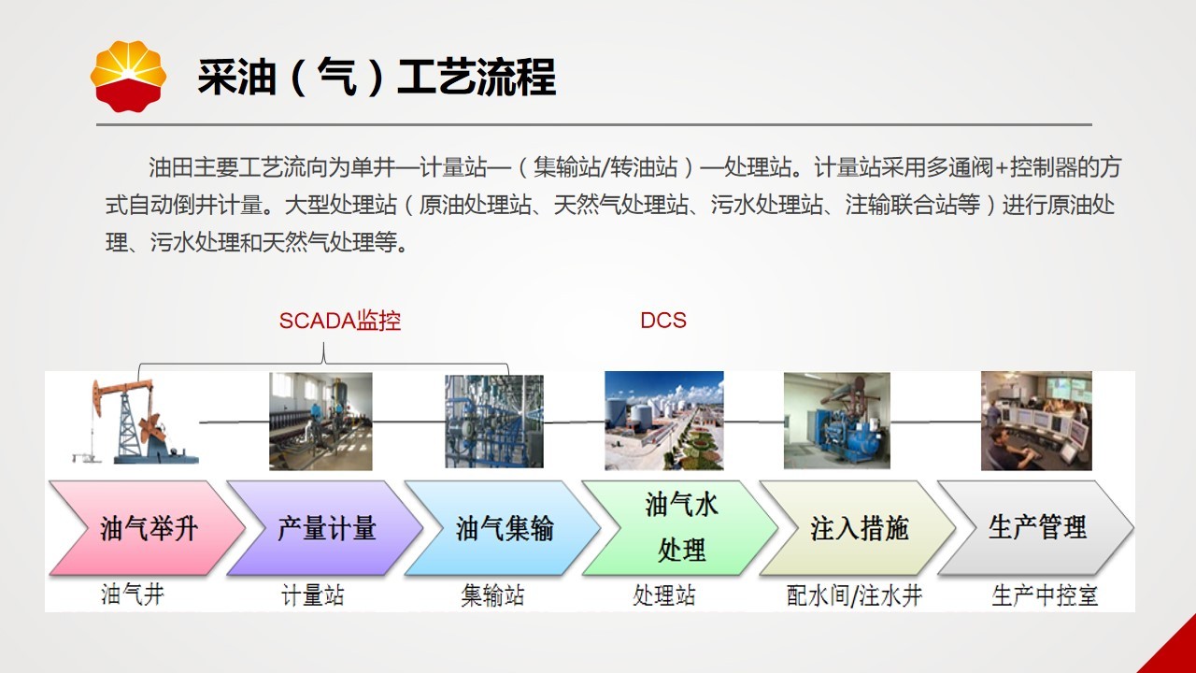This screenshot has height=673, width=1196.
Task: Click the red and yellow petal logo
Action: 128,77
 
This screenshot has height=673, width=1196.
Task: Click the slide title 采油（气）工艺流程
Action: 377,78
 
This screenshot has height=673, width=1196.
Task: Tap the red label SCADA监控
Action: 339,321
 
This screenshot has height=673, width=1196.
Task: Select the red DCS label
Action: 663,321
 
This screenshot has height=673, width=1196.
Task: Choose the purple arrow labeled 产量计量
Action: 324,528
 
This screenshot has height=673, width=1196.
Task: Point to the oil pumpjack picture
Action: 135,421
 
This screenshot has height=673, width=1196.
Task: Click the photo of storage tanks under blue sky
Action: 664,421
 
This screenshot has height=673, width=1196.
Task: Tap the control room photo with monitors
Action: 1036,421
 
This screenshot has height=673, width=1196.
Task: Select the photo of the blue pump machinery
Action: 836,421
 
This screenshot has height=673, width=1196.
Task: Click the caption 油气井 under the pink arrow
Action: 133,594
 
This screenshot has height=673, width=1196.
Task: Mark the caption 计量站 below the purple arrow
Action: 313,594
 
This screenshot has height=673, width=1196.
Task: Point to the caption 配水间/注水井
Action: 854,595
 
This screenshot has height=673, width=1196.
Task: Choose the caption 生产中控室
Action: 1045,595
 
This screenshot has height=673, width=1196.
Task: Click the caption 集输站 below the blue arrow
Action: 492,595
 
